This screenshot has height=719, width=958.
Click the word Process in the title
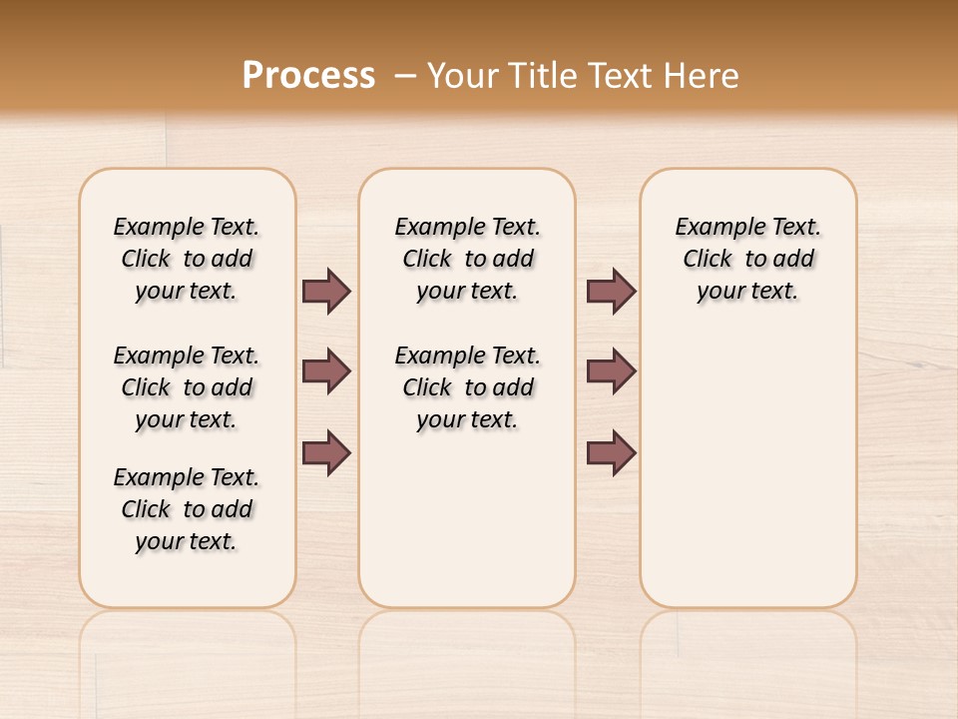(x=308, y=76)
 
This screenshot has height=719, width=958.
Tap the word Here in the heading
(x=704, y=76)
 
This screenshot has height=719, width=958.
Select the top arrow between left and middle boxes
(x=326, y=292)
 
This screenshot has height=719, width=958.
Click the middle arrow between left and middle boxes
(x=326, y=371)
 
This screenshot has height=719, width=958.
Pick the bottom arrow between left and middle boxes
(x=326, y=453)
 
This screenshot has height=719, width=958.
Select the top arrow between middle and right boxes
(x=611, y=292)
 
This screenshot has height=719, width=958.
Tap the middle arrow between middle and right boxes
(x=611, y=371)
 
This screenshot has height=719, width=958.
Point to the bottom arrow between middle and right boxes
(x=611, y=453)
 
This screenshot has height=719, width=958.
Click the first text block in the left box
(x=187, y=259)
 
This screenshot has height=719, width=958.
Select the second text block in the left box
(x=187, y=387)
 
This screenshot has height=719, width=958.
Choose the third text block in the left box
(x=187, y=509)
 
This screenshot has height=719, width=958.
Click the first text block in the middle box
(x=467, y=259)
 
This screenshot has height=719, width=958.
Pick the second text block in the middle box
(x=467, y=387)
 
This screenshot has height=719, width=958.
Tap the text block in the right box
(x=747, y=259)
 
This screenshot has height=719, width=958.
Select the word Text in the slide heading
(x=624, y=76)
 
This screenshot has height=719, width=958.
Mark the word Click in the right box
(x=708, y=260)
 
